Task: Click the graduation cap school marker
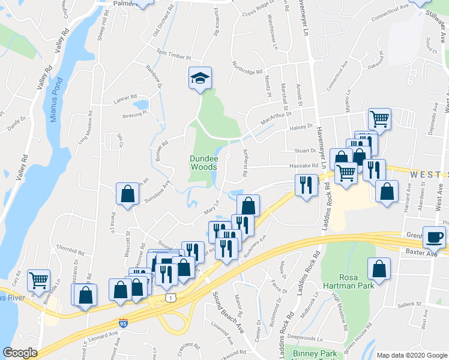tap(200, 78)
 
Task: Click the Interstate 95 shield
tap(123, 323)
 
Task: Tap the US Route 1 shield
tap(172, 297)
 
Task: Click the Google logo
tap(20, 353)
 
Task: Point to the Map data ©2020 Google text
tap(411, 355)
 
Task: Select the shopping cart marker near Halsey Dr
tap(379, 119)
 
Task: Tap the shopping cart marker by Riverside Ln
tap(38, 279)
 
